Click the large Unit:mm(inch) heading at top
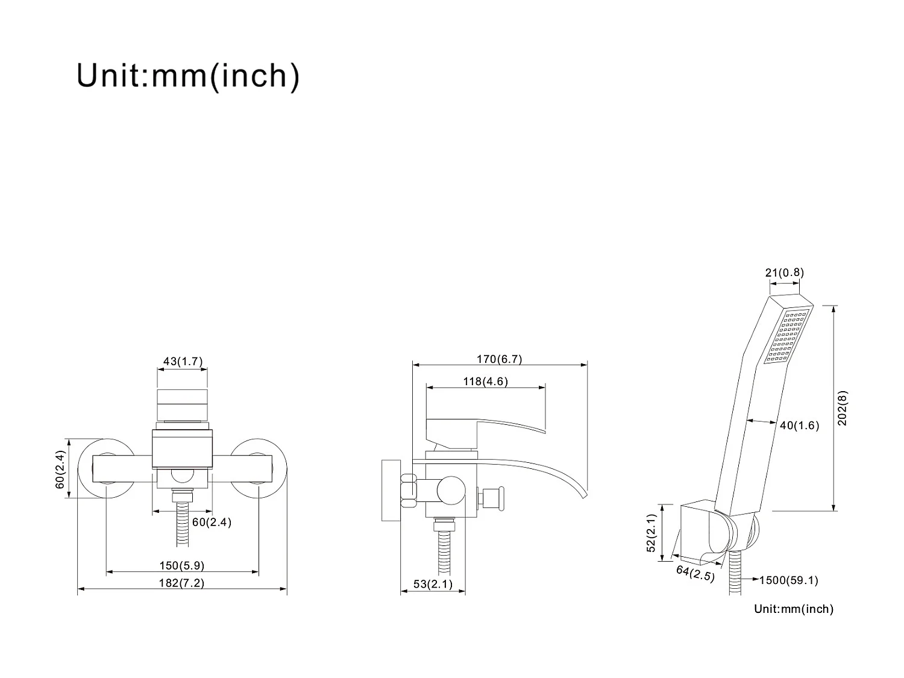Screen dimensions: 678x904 (x=187, y=76)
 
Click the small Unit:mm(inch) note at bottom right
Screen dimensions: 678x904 (x=794, y=609)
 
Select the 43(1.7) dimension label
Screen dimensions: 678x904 (x=183, y=362)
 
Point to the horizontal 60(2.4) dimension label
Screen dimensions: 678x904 (x=212, y=522)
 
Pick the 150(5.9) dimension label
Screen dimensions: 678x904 (x=181, y=566)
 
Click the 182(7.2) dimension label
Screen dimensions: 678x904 (x=181, y=583)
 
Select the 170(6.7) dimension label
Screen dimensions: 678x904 (x=499, y=359)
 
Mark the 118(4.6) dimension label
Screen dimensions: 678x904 (x=485, y=381)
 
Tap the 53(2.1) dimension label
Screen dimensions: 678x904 (x=433, y=584)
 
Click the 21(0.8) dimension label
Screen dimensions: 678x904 (x=785, y=272)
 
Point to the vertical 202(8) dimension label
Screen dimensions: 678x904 (x=843, y=408)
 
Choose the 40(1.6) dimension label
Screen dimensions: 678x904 (x=800, y=425)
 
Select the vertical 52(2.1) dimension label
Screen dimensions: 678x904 (x=651, y=533)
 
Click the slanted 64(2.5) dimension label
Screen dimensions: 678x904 (x=695, y=573)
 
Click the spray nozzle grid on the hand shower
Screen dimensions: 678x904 (x=785, y=337)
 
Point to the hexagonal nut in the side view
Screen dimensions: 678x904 (x=409, y=487)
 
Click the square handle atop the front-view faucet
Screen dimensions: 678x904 (x=181, y=404)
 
